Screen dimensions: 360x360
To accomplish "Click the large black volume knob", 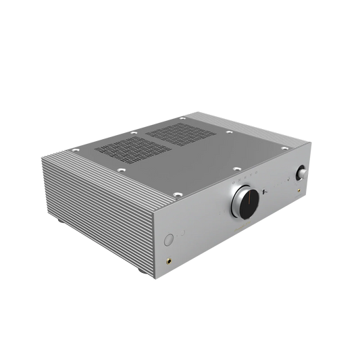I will click(245, 202).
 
